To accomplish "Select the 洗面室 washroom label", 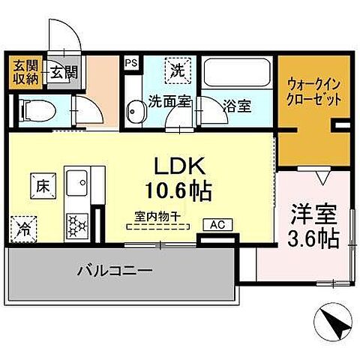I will (169, 101).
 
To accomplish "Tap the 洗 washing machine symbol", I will (179, 72).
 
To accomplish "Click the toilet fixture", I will (34, 110).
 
